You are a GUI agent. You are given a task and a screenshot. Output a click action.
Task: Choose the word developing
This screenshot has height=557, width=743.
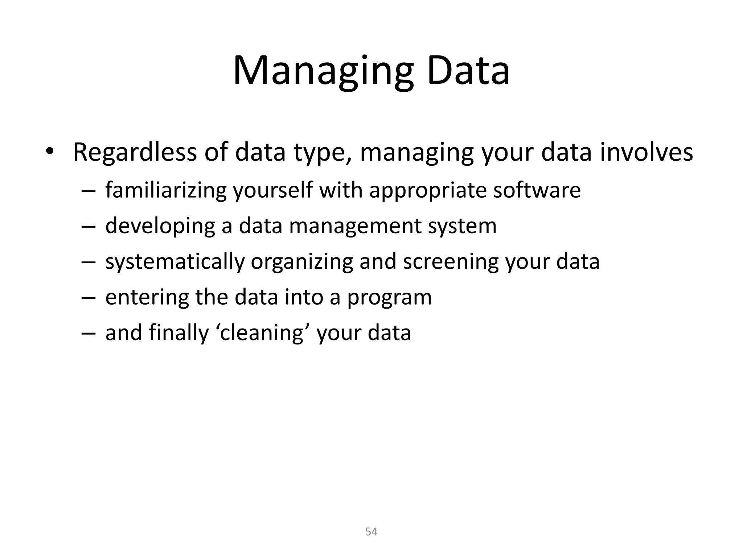(160, 226)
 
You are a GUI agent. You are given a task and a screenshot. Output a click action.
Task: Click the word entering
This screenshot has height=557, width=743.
(147, 297)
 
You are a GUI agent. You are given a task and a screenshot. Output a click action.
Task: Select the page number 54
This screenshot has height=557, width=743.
(371, 532)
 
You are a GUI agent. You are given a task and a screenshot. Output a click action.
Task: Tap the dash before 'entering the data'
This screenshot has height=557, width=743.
(88, 298)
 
